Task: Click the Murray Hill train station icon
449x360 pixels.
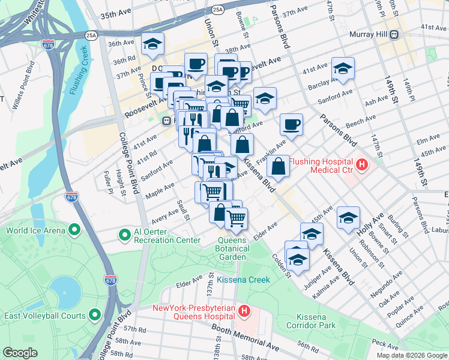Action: pyautogui.click(x=395, y=34)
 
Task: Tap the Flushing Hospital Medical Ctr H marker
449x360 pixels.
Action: pyautogui.click(x=361, y=163)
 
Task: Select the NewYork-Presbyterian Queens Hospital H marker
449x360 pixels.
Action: pyautogui.click(x=244, y=311)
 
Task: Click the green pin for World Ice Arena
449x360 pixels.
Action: pyautogui.click(x=74, y=230)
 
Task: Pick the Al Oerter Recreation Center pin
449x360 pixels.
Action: pyautogui.click(x=125, y=235)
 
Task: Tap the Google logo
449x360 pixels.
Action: pyautogui.click(x=20, y=353)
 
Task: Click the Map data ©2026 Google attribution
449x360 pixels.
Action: pyautogui.click(x=411, y=355)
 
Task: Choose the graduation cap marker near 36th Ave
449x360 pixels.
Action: pyautogui.click(x=152, y=44)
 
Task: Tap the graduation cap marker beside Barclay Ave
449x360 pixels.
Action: pyautogui.click(x=343, y=69)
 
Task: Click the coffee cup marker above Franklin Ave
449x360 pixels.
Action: pyautogui.click(x=291, y=125)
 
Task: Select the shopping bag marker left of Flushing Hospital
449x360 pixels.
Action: pyautogui.click(x=279, y=166)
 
